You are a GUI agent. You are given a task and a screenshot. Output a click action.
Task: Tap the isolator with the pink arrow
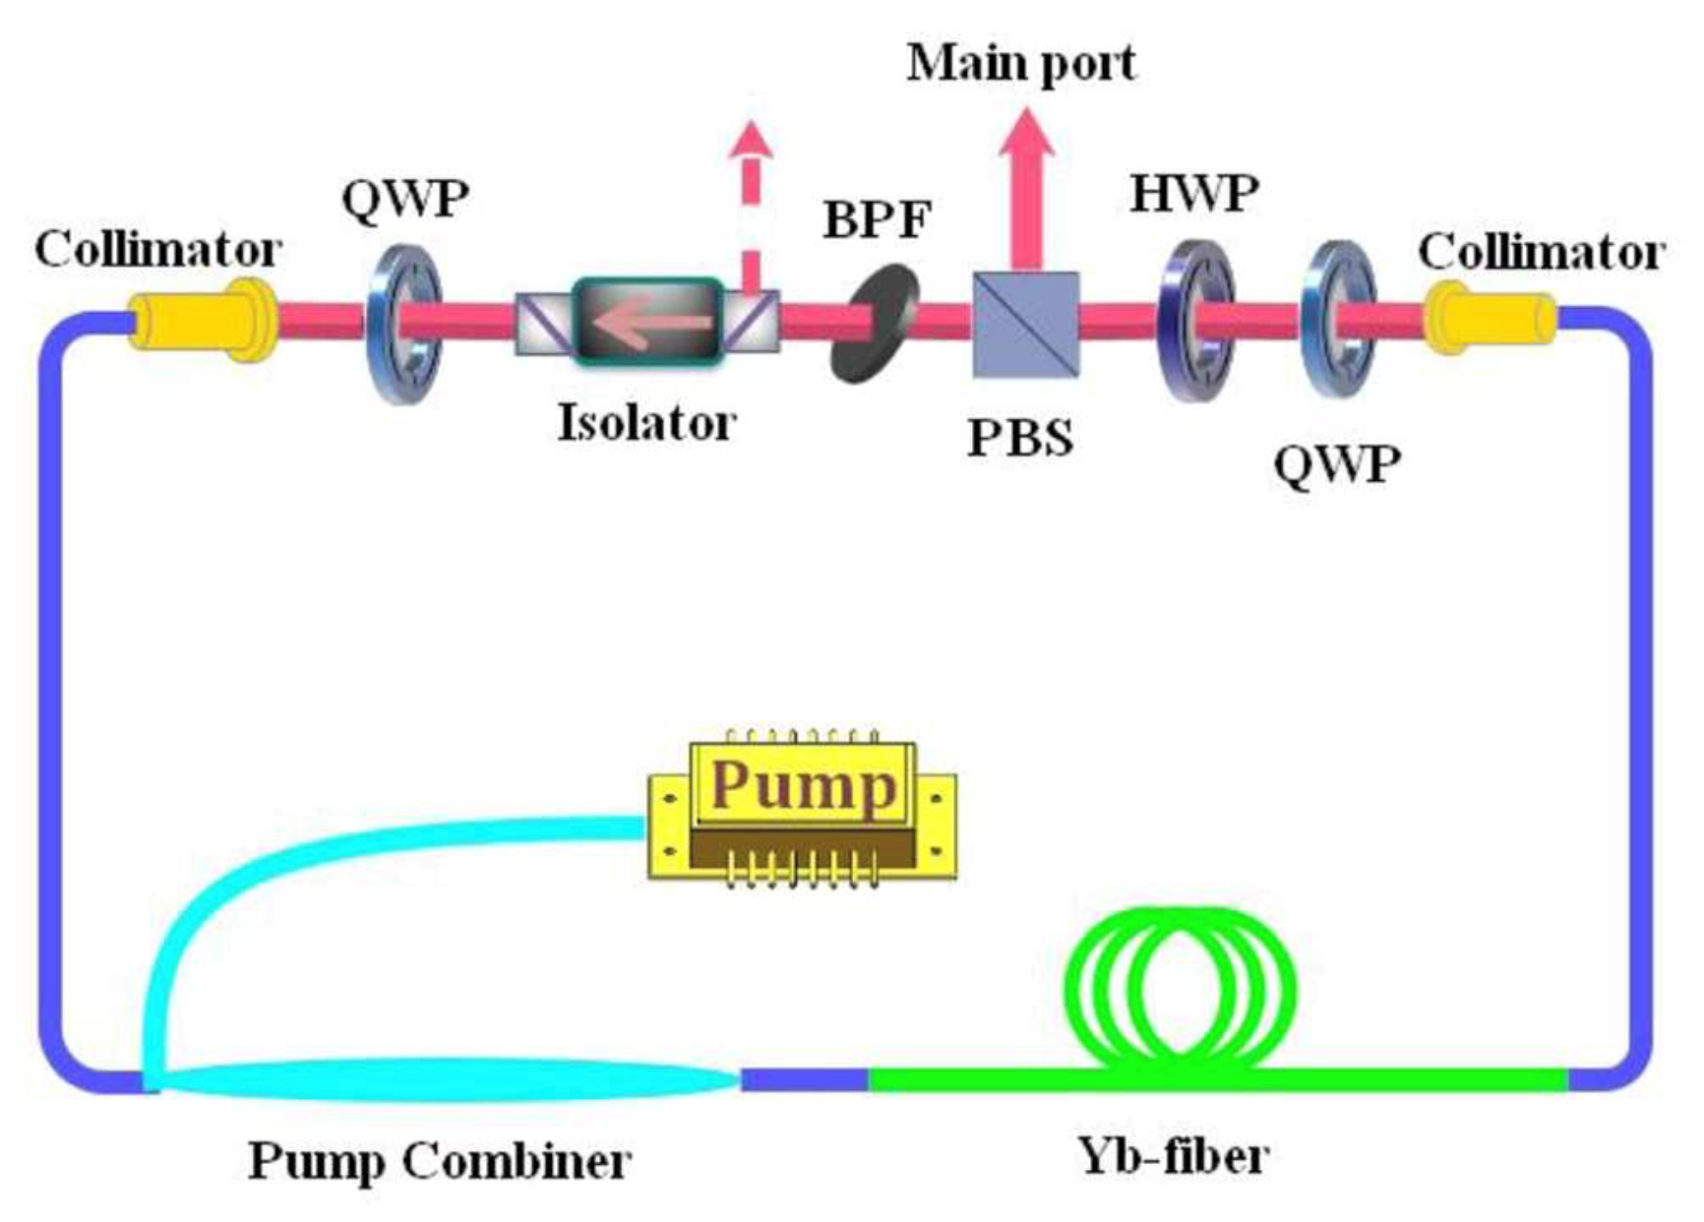tap(647, 321)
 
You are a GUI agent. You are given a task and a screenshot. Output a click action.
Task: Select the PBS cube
tap(1025, 324)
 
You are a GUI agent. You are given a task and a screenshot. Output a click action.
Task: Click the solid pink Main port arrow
tap(1026, 187)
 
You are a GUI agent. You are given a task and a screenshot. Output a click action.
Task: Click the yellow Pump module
tap(802, 810)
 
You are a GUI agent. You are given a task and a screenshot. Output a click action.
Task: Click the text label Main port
tap(1020, 63)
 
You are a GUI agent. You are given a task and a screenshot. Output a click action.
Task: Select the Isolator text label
tap(646, 423)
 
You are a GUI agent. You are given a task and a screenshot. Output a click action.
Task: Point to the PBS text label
tap(1020, 438)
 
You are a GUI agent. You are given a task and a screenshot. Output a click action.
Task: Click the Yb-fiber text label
tap(1173, 1155)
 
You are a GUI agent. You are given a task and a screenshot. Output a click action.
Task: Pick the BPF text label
tap(877, 219)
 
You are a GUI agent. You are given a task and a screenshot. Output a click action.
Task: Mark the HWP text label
tap(1194, 193)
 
